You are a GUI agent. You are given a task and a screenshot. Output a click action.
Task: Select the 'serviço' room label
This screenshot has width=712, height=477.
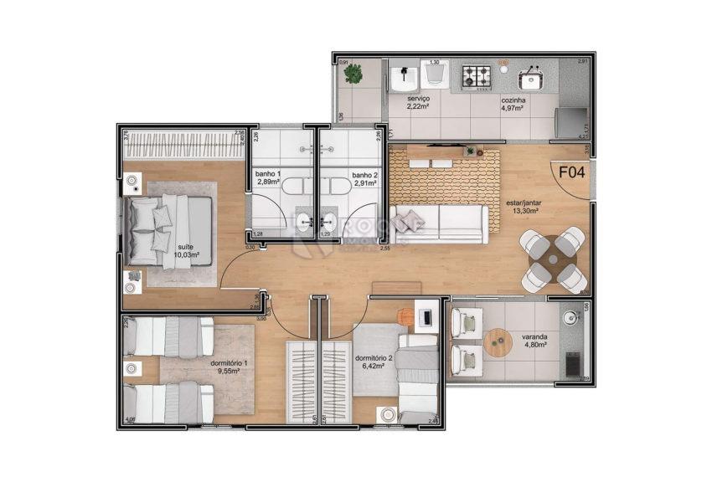(x=418, y=99)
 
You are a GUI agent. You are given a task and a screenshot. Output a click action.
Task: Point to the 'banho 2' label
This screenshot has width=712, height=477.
(x=365, y=176)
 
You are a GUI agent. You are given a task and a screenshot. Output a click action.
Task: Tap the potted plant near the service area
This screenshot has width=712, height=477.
(x=353, y=74)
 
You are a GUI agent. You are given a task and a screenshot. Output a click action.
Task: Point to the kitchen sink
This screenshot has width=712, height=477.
(x=529, y=79)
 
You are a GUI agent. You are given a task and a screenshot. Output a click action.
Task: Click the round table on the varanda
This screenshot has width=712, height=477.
(x=498, y=342)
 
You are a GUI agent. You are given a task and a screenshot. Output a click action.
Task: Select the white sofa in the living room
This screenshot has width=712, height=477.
(x=437, y=224)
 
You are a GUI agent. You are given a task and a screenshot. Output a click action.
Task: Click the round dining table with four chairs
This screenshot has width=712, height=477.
(x=552, y=259)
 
